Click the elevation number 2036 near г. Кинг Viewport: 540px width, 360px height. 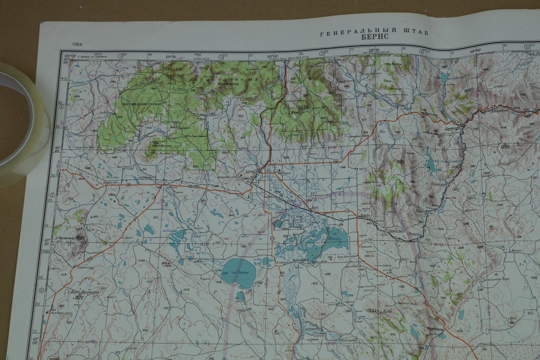[x=304, y=107]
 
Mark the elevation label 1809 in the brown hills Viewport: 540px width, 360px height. [x=401, y=162]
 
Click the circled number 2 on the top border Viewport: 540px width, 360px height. [x=221, y=56]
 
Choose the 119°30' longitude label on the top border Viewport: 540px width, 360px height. [x=171, y=56]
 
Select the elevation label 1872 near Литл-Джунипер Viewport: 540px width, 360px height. [x=79, y=298]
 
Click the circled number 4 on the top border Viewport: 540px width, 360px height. [x=422, y=52]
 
